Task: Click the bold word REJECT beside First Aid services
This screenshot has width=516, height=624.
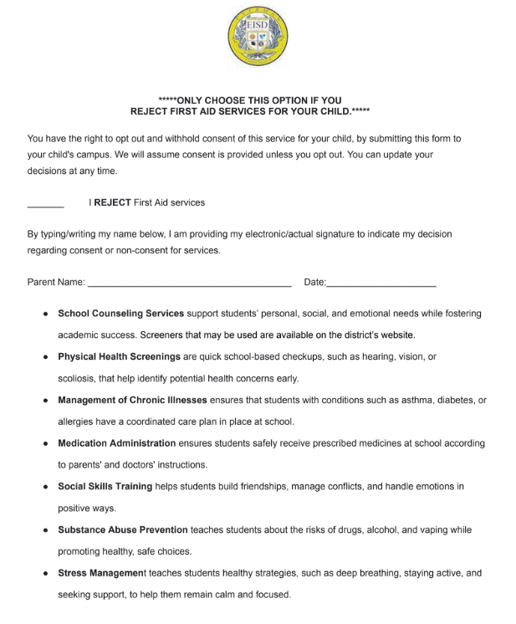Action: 112,202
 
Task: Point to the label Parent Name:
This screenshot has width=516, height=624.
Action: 56,283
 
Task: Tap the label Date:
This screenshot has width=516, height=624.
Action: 314,283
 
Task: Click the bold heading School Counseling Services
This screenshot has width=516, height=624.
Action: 120,314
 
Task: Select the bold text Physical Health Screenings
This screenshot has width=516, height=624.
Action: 120,357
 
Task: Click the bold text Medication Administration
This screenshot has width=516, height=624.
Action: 116,443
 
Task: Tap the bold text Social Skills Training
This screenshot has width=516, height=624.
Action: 105,486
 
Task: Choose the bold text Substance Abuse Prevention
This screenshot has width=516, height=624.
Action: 123,529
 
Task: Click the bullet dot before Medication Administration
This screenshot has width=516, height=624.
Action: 45,444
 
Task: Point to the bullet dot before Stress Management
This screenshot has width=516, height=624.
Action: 45,574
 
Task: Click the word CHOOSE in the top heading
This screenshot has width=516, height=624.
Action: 212,100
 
